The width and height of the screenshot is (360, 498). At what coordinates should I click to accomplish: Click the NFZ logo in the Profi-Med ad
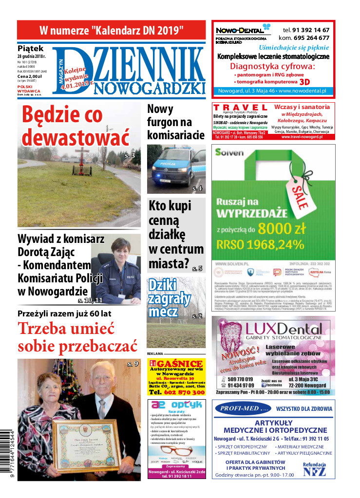coord(314,471)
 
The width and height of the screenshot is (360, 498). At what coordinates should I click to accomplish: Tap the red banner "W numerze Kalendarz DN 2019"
coord(112,30)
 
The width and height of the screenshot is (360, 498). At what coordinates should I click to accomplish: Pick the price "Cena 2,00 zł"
coord(30,76)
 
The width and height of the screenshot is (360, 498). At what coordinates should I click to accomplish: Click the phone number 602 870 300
coord(176,392)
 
